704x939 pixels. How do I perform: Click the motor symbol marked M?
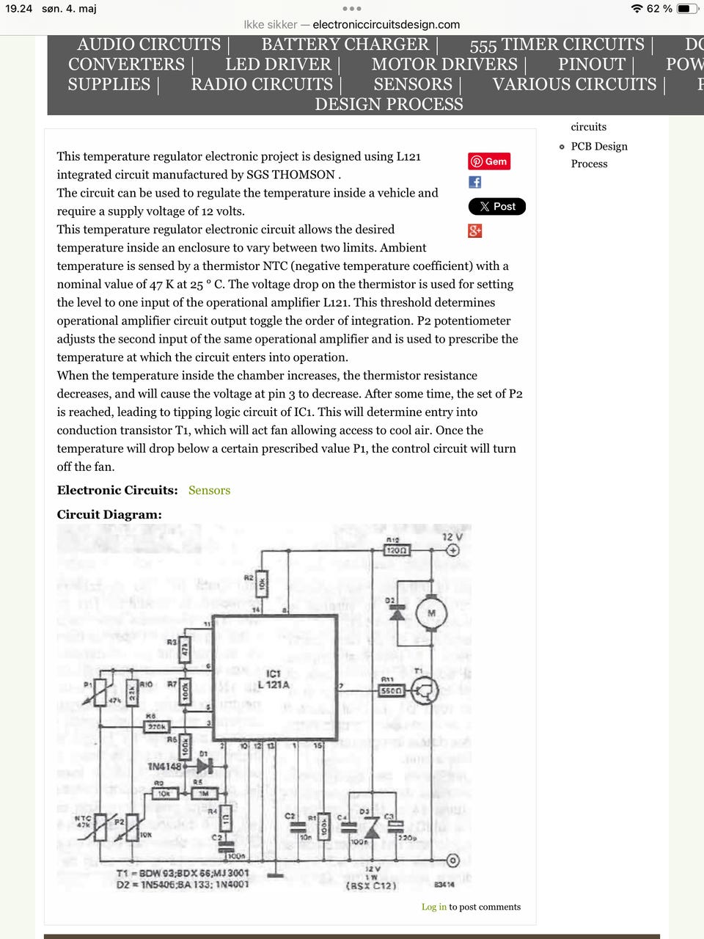431,613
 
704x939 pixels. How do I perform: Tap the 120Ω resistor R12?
396,550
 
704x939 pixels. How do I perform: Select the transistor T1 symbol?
425,690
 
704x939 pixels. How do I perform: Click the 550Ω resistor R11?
392,690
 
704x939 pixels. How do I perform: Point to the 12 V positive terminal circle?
453,550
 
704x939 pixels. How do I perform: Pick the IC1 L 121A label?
273,679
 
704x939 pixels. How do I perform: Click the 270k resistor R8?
156,726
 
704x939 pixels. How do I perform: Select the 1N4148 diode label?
164,767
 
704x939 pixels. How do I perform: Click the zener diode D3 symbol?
372,829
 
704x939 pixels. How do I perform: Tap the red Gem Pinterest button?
489,161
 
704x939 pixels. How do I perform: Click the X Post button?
497,207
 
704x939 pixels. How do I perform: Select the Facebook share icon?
475,182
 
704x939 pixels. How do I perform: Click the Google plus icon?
475,231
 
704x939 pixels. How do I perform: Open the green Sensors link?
209,490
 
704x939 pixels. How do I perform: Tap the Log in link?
433,907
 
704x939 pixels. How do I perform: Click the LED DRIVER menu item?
278,65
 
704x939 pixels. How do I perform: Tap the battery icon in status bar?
687,9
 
